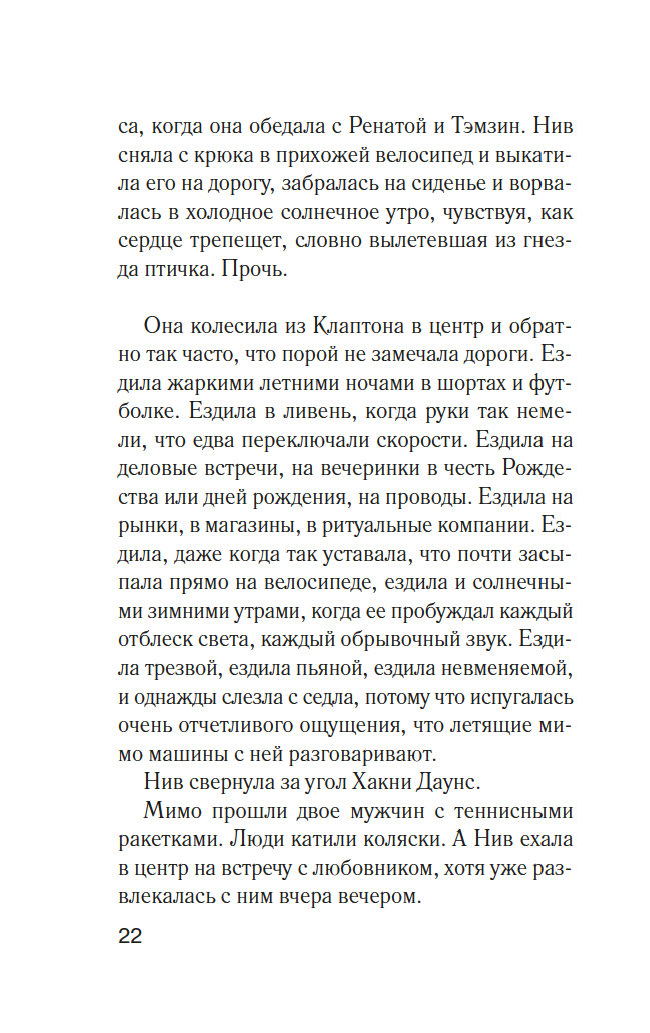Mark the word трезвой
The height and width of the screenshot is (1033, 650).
tap(197, 666)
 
